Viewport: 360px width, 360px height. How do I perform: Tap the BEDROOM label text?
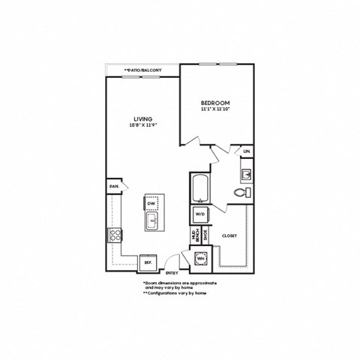point(215,103)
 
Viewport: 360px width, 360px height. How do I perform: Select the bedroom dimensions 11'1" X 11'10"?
point(215,109)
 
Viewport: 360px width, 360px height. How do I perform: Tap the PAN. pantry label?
point(114,186)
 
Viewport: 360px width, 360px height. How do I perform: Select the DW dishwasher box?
point(151,203)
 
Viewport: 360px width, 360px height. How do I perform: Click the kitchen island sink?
point(151,220)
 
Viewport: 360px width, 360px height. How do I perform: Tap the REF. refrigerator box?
point(148,262)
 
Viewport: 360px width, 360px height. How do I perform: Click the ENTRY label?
point(171,272)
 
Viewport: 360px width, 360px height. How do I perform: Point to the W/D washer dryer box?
point(201,215)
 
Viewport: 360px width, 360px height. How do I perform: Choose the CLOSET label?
point(229,235)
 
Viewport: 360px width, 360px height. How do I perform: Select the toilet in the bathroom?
point(240,193)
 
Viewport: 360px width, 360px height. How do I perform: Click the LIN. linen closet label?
point(247,152)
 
